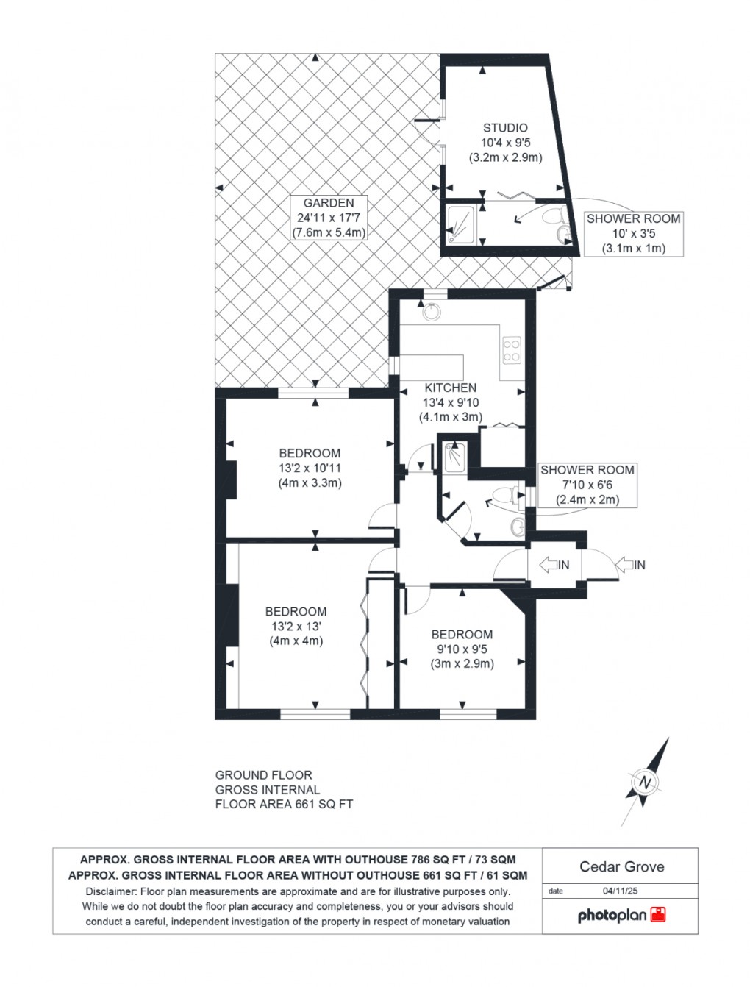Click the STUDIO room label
point(505,128)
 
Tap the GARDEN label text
point(329,203)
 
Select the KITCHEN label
point(451,388)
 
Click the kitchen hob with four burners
point(511,350)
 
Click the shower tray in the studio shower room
point(462,223)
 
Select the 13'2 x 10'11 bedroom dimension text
point(310,468)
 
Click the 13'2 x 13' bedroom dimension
point(296,627)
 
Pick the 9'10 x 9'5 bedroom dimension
point(462,649)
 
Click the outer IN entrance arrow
point(629,565)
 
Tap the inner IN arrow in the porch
point(554,565)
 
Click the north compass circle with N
point(646,782)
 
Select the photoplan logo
point(621,915)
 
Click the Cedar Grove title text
point(621,866)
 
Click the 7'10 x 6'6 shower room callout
point(587,485)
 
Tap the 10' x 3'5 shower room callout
point(633,234)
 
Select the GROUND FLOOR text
point(263,775)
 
